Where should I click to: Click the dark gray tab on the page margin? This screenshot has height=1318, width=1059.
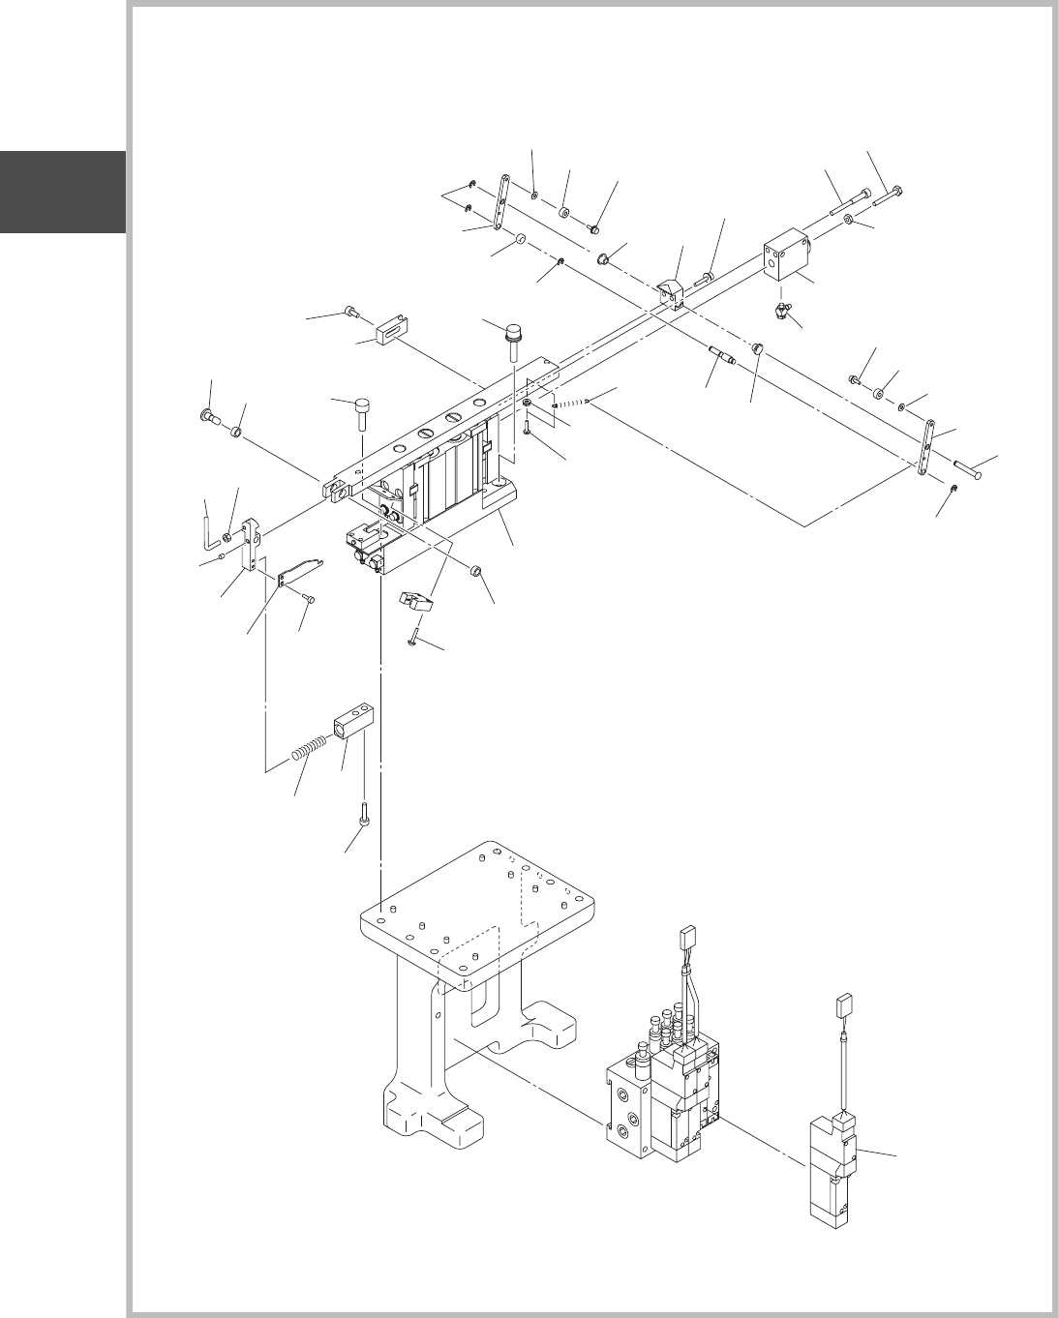62,192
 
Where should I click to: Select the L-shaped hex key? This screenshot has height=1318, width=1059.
208,526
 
